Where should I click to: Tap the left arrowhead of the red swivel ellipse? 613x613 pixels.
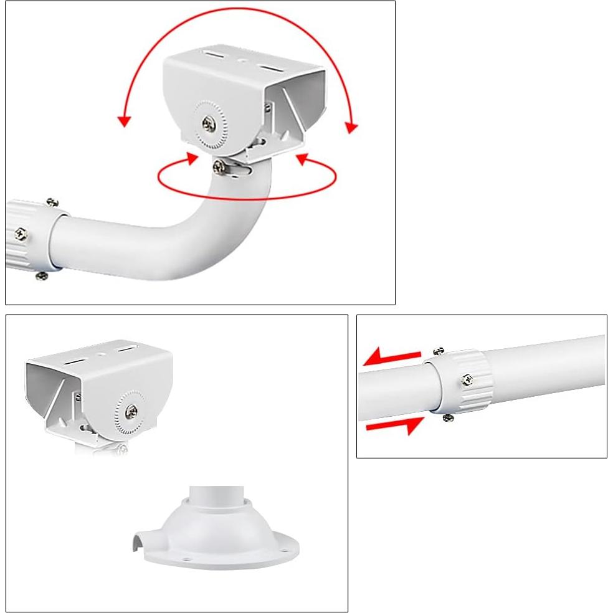coord(192,158)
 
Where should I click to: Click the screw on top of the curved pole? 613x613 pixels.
coord(219,166)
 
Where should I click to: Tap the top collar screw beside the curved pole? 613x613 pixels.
coord(53,202)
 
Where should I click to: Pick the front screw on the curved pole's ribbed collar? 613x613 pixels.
coord(22,235)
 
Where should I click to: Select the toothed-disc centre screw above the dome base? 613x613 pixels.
coord(133,411)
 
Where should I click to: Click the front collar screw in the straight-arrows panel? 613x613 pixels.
coord(467,379)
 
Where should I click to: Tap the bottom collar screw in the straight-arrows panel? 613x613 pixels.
coord(447,417)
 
